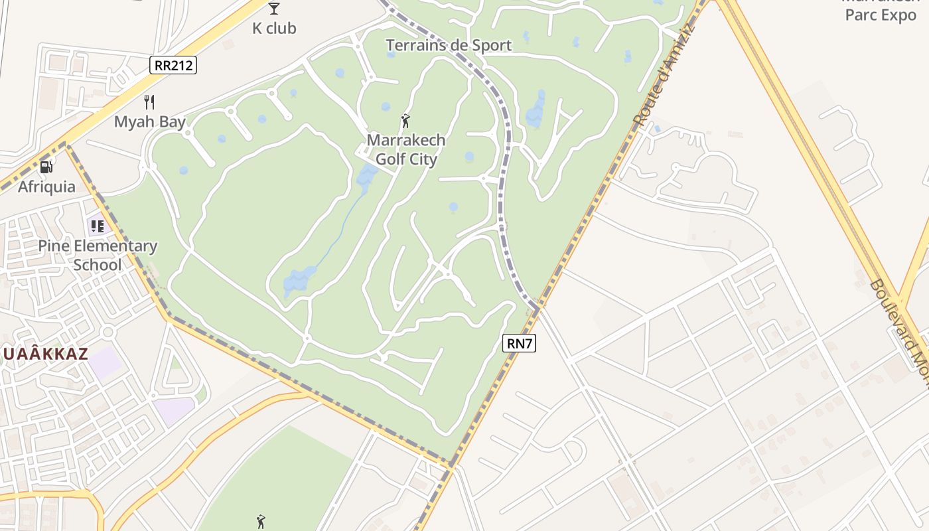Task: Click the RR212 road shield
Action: click(174, 64)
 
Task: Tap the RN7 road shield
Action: click(520, 343)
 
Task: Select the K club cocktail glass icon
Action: click(274, 9)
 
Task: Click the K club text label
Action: click(274, 29)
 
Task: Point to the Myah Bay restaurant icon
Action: click(149, 102)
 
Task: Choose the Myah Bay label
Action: click(149, 122)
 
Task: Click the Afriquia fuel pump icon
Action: click(46, 167)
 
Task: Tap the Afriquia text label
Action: click(46, 187)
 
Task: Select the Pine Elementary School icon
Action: click(97, 226)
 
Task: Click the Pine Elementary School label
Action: click(98, 256)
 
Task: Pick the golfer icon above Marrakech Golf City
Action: click(406, 121)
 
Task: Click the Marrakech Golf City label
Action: click(406, 150)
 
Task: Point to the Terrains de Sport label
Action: click(449, 45)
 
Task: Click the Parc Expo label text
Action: click(880, 15)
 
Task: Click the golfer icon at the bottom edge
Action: click(261, 522)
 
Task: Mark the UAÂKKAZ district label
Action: click(45, 354)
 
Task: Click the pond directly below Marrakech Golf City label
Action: click(469, 157)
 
